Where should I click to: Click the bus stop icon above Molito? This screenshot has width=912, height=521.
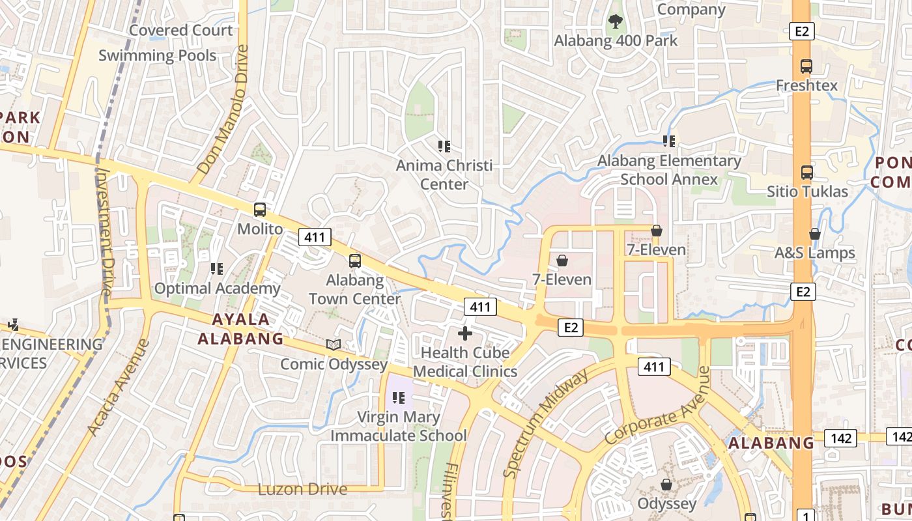pyautogui.click(x=260, y=210)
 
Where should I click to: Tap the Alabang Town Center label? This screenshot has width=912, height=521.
pyautogui.click(x=354, y=290)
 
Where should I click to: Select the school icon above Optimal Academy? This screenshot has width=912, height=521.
pyautogui.click(x=217, y=268)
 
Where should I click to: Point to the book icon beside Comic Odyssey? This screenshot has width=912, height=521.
pyautogui.click(x=334, y=345)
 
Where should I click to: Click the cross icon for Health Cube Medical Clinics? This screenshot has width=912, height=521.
pyautogui.click(x=465, y=334)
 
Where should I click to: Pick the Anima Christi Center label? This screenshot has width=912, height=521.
pyautogui.click(x=444, y=175)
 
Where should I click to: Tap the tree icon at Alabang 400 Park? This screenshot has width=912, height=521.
pyautogui.click(x=615, y=22)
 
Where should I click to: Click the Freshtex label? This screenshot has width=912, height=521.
pyautogui.click(x=806, y=85)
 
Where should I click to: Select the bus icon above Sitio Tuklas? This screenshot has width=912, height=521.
pyautogui.click(x=807, y=173)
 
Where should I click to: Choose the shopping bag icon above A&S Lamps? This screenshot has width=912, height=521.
pyautogui.click(x=815, y=234)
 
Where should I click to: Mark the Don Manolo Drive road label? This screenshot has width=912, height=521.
pyautogui.click(x=223, y=109)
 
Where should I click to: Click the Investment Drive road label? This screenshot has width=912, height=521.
pyautogui.click(x=104, y=231)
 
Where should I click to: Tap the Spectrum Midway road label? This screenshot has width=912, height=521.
pyautogui.click(x=546, y=423)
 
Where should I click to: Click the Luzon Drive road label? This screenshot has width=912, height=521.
pyautogui.click(x=303, y=489)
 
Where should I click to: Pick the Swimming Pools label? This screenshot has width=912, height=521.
pyautogui.click(x=157, y=55)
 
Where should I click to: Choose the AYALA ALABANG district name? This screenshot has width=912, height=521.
pyautogui.click(x=241, y=329)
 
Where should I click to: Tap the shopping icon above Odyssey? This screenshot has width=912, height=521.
pyautogui.click(x=666, y=485)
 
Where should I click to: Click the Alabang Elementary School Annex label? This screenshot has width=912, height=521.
pyautogui.click(x=669, y=169)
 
